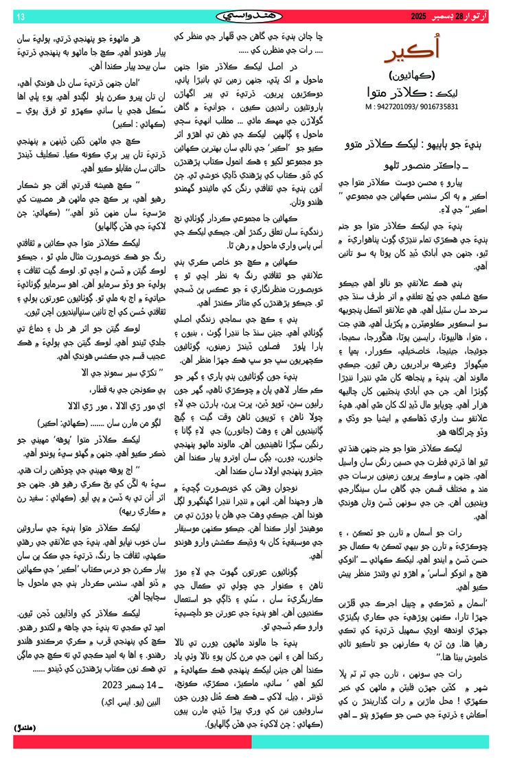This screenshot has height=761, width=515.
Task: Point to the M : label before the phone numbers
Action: point(371,107)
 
